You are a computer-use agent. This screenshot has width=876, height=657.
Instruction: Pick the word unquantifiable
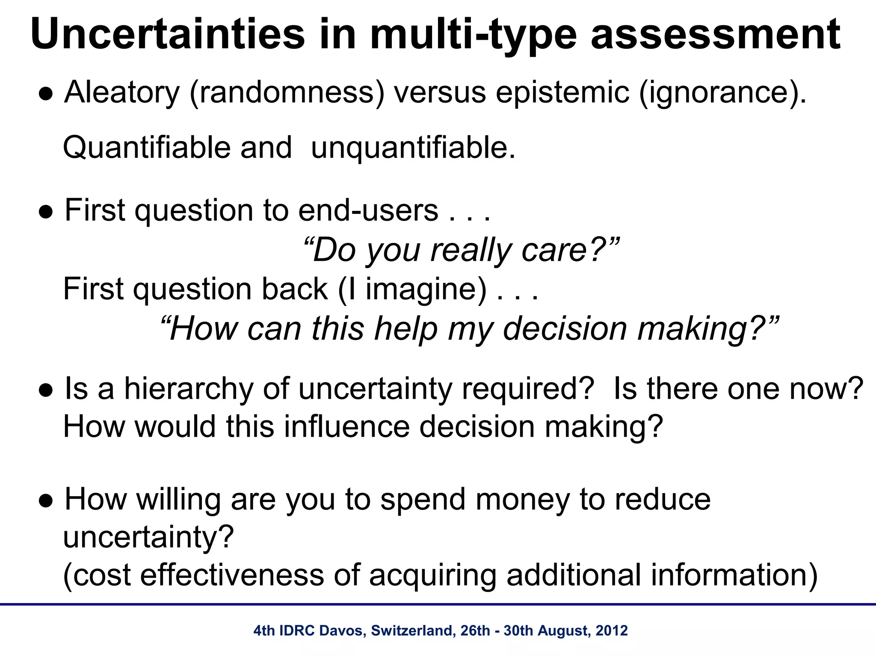coord(413,148)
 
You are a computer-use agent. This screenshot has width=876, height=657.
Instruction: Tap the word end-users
coord(368,210)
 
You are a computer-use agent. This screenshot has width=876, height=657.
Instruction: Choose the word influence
coord(346,427)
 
